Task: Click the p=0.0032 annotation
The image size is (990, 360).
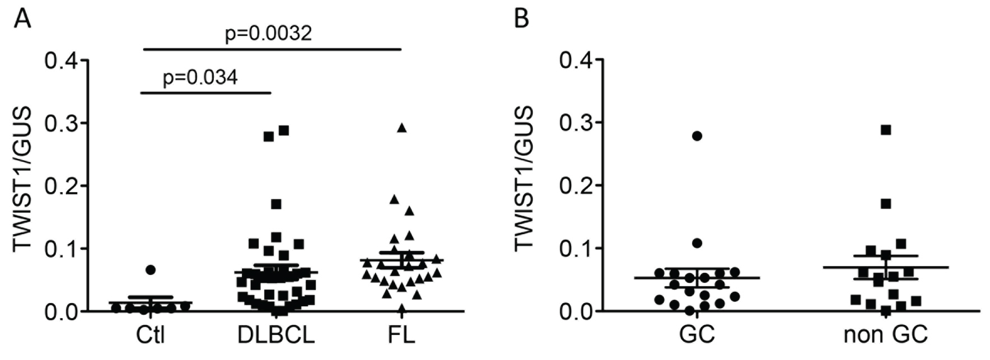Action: click(x=268, y=35)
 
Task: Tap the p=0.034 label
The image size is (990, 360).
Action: click(x=200, y=77)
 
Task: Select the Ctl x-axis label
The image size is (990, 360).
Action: click(x=151, y=335)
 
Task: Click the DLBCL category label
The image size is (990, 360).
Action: click(x=276, y=335)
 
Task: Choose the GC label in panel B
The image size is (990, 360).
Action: click(x=697, y=335)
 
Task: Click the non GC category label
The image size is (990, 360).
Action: click(x=885, y=335)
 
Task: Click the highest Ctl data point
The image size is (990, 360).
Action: click(x=150, y=270)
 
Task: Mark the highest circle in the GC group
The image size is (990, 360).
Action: click(x=697, y=136)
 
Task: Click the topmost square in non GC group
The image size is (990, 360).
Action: click(x=886, y=130)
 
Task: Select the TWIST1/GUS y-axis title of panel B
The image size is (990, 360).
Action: click(x=524, y=179)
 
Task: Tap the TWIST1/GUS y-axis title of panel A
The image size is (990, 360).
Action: click(x=24, y=179)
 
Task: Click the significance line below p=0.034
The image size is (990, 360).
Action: click(x=206, y=92)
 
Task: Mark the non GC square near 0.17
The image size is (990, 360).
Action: click(x=886, y=204)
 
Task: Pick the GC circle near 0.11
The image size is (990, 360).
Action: click(x=697, y=243)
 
